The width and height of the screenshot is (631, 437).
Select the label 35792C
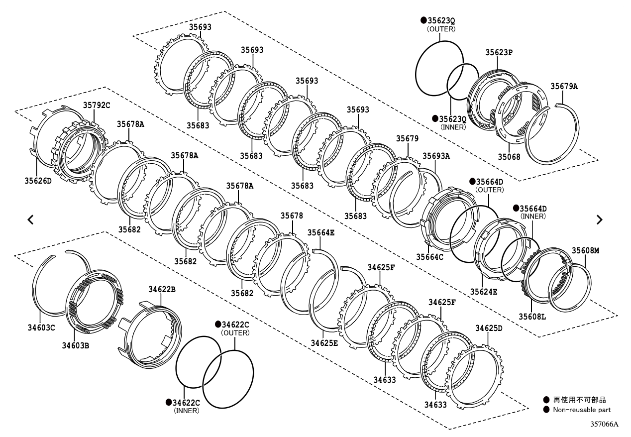pos(97,105)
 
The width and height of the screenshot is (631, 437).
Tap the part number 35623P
pos(499,52)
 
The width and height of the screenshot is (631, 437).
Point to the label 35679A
pos(564,86)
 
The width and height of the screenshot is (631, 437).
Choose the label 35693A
pos(436,156)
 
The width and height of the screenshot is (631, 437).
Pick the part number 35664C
pos(429,257)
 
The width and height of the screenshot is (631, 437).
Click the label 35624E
pos(483,292)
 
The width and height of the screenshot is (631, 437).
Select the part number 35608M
pos(585,250)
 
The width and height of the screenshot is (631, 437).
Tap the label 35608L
pos(532,316)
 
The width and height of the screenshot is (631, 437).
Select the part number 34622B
pos(162,289)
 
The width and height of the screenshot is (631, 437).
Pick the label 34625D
pos(489,328)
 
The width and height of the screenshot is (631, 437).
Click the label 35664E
pos(321,232)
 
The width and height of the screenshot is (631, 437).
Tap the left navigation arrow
pos(30,219)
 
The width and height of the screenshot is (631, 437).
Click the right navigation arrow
pos(599,219)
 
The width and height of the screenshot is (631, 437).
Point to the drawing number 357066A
pos(604,425)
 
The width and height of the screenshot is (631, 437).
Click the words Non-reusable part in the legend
pos(582,410)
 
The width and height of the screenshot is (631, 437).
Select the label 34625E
pos(324,343)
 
